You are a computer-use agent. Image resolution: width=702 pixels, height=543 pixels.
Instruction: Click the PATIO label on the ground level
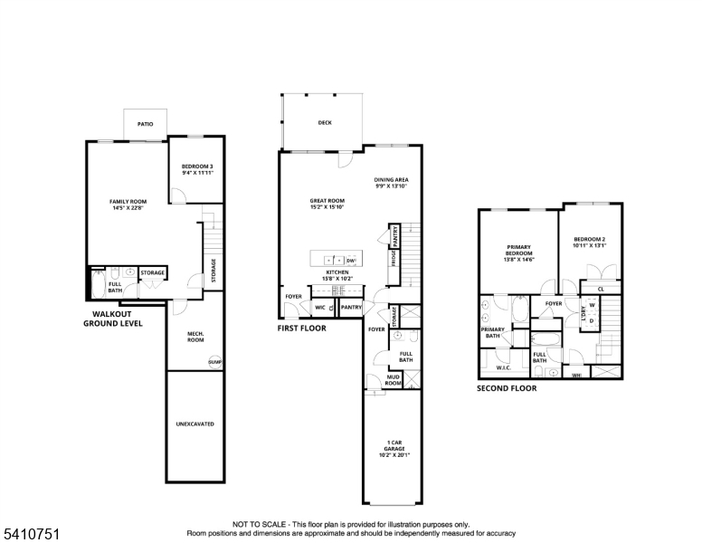tap(145, 124)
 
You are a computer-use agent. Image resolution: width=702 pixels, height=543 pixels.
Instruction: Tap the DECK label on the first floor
tap(325, 123)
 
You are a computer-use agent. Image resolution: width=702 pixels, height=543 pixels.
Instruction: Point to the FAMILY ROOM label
tap(128, 204)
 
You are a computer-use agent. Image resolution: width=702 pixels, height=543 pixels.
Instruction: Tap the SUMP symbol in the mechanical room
tap(214, 362)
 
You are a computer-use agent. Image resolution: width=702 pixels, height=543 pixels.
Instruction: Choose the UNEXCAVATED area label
tap(194, 424)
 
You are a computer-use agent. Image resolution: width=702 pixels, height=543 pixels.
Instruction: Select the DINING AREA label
tap(392, 182)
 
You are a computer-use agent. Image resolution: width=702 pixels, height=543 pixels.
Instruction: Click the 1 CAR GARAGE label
tap(392, 448)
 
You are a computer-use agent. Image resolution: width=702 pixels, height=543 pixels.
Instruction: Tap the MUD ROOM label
tap(394, 380)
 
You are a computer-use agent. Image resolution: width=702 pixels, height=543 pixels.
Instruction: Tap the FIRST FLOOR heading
tap(301, 329)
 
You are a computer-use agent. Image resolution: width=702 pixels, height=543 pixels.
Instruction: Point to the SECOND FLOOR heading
tap(507, 388)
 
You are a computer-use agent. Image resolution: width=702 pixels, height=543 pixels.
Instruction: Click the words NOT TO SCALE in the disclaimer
tap(259, 524)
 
